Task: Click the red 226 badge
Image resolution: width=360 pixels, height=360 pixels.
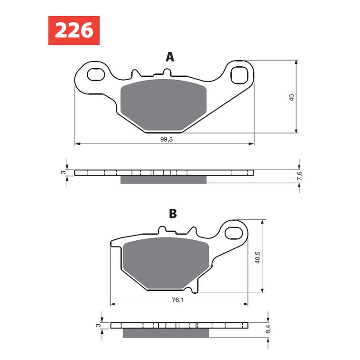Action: (73, 31)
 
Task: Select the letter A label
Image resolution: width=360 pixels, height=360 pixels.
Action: (170, 57)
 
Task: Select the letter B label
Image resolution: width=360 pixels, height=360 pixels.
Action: (173, 214)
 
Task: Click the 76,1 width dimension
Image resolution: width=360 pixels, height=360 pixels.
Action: (176, 299)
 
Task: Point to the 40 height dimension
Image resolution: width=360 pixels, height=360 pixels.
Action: (291, 97)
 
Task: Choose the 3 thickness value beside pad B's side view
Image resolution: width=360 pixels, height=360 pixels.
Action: (98, 325)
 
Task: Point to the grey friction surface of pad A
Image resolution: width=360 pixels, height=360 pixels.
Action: (164, 106)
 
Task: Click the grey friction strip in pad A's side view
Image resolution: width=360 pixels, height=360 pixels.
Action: (164, 179)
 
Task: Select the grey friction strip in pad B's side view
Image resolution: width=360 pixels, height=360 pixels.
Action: (166, 333)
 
